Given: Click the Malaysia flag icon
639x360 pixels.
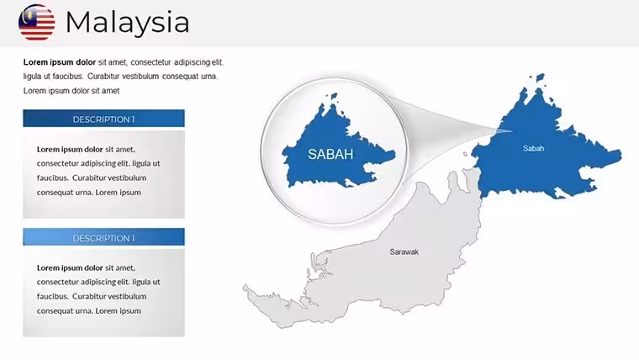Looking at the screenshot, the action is tap(37, 23).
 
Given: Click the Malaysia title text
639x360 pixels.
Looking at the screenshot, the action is tap(128, 23).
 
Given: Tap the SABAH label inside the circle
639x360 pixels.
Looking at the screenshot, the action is tap(330, 154).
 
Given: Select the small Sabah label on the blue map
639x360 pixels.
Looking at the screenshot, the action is tap(533, 148).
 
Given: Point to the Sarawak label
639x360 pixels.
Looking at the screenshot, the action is tap(404, 252).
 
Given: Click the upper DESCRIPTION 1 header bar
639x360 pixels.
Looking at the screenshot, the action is tap(103, 119).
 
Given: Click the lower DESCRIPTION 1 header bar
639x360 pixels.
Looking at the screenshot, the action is tap(103, 237).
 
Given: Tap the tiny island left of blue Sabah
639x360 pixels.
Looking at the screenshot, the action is tap(466, 154).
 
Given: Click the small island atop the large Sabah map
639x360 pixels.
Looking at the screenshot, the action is tap(541, 78).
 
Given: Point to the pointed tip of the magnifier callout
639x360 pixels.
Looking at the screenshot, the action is tap(511, 131).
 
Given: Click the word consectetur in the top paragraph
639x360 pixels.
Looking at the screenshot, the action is tap(151, 62).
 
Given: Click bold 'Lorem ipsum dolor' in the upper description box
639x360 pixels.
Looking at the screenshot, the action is tap(70, 149).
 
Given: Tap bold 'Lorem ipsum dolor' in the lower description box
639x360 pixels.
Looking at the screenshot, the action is tap(70, 267).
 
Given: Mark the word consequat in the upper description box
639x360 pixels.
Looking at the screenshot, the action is tap(53, 193).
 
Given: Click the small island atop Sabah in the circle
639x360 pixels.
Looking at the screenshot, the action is tap(334, 97).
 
